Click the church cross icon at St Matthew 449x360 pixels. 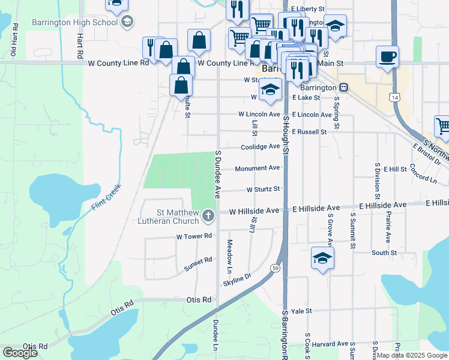(208, 215)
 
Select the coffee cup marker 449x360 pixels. (387, 56)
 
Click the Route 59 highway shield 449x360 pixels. (276, 268)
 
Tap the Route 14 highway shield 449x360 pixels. (394, 97)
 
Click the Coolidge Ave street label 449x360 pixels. (260, 146)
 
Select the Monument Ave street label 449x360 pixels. (257, 168)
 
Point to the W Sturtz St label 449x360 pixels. (263, 189)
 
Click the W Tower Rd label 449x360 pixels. (194, 236)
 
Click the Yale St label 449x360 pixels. (301, 311)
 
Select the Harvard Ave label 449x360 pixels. (334, 344)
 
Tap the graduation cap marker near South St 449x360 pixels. (322, 258)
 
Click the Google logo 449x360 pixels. (20, 352)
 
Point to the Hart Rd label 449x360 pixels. (80, 46)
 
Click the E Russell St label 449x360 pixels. (309, 131)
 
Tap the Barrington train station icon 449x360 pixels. (343, 88)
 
